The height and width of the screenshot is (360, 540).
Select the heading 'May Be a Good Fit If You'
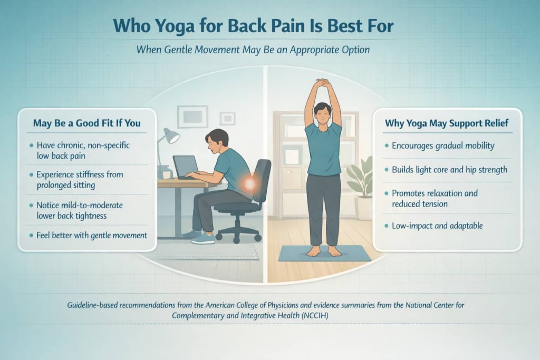click(88, 123)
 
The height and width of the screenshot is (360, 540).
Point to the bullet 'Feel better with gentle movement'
click(92, 235)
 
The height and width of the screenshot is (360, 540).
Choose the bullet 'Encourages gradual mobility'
click(443, 145)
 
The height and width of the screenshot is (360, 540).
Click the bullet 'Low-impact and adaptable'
click(437, 226)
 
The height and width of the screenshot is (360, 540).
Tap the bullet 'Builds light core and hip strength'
click(449, 170)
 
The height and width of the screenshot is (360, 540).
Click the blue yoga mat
click(324, 254)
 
